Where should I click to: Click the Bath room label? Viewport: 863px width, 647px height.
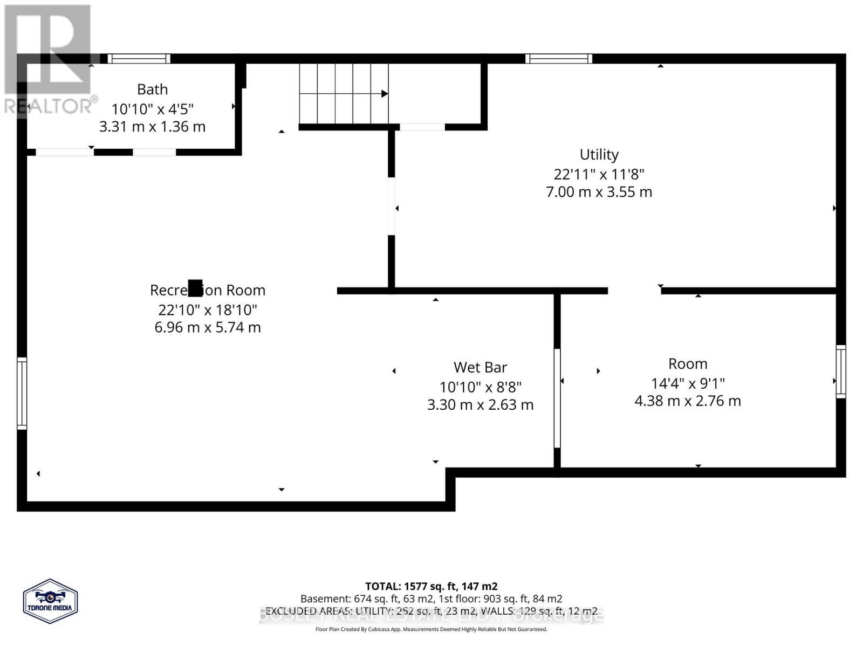pyautogui.click(x=152, y=89)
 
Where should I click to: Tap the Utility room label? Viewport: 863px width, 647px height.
pyautogui.click(x=599, y=155)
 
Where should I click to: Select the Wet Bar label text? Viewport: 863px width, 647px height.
pyautogui.click(x=480, y=368)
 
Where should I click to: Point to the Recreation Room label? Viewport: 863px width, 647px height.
pyautogui.click(x=208, y=290)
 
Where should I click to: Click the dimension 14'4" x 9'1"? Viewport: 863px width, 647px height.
pyautogui.click(x=688, y=383)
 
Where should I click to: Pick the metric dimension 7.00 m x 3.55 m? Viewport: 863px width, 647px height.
pyautogui.click(x=599, y=192)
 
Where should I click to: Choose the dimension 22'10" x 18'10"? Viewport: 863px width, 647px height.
pyautogui.click(x=208, y=310)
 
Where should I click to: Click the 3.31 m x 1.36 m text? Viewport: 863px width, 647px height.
pyautogui.click(x=152, y=127)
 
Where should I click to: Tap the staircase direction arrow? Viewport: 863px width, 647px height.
pyautogui.click(x=384, y=94)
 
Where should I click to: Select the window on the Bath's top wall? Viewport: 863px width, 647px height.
pyautogui.click(x=139, y=59)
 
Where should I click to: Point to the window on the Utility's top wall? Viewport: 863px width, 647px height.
pyautogui.click(x=559, y=59)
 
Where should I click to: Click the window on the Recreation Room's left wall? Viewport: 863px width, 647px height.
pyautogui.click(x=22, y=393)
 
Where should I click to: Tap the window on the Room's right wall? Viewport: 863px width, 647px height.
pyautogui.click(x=841, y=371)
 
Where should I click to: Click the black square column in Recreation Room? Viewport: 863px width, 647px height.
pyautogui.click(x=195, y=288)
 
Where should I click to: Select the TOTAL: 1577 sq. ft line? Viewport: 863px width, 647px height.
pyautogui.click(x=431, y=586)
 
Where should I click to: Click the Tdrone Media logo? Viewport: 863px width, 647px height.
pyautogui.click(x=50, y=601)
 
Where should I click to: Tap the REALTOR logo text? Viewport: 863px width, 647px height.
pyautogui.click(x=51, y=106)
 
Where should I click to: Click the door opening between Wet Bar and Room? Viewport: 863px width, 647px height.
pyautogui.click(x=557, y=398)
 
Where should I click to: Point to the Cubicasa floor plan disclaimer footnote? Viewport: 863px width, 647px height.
pyautogui.click(x=431, y=629)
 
